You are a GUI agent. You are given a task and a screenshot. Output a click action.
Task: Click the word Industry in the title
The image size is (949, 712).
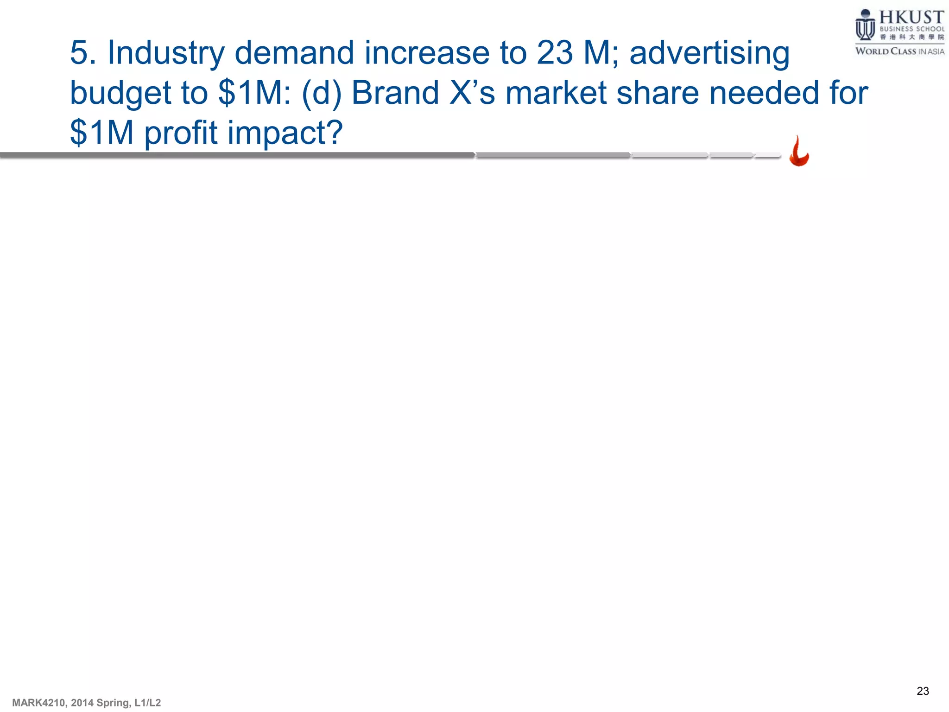click(x=166, y=53)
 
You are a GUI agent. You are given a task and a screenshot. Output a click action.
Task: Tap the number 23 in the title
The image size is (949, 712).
click(x=555, y=53)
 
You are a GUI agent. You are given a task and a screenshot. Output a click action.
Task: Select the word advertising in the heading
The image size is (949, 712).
click(x=709, y=53)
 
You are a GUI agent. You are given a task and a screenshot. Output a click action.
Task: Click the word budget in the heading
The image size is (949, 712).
click(x=120, y=93)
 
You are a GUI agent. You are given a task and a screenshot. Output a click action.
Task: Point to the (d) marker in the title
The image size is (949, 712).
click(x=321, y=93)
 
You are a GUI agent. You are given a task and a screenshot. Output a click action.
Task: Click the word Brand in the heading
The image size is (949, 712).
click(x=395, y=93)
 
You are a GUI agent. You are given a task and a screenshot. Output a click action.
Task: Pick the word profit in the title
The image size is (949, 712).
click(x=181, y=133)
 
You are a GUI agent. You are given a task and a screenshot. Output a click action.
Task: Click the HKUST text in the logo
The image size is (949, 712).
click(x=911, y=17)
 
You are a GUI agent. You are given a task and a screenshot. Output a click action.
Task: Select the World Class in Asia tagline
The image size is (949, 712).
click(x=899, y=51)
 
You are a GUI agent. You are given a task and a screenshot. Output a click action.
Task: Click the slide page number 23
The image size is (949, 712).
click(x=923, y=691)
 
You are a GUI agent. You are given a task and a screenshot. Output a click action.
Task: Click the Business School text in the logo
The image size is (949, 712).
click(x=911, y=29)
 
